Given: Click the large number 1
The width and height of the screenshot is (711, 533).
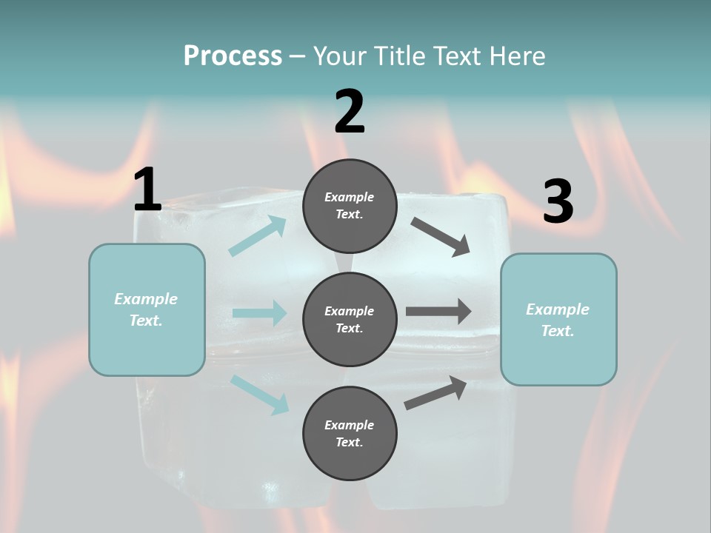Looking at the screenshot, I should (147, 190).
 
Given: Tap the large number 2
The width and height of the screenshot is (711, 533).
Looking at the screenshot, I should (350, 112).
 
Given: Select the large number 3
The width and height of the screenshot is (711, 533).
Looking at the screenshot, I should (558, 201).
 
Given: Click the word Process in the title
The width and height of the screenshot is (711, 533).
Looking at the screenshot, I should (233, 56).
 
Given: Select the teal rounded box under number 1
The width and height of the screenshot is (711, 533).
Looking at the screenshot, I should (147, 309).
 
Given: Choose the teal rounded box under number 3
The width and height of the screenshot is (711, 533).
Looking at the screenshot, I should (558, 319).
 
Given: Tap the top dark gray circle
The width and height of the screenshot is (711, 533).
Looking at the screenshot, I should (350, 206).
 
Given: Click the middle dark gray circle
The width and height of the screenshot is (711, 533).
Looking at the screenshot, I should (350, 319).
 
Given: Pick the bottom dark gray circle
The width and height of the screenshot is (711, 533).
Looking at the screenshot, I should (350, 433).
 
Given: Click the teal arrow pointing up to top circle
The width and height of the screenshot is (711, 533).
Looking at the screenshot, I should (258, 236).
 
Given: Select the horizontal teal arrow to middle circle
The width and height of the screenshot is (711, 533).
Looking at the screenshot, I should (259, 313).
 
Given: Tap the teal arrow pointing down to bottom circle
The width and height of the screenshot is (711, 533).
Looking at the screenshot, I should (259, 394).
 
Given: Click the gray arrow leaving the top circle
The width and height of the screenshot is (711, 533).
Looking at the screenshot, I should (441, 236).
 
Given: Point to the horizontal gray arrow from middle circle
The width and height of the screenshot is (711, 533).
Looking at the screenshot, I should (438, 312).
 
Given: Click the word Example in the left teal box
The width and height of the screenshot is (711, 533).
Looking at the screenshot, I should (146, 299).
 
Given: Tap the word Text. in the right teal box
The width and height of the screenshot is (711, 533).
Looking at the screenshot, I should (558, 331).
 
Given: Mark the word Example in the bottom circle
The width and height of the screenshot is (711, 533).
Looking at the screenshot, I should (350, 425).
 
